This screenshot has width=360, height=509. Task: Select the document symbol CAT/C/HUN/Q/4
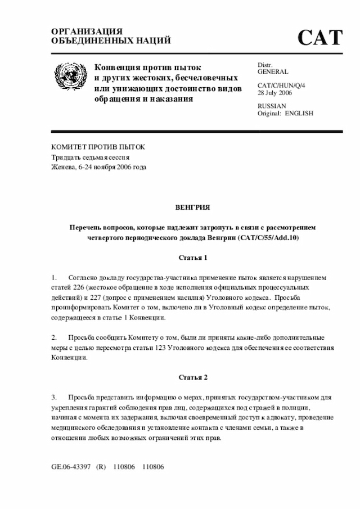tap(281, 85)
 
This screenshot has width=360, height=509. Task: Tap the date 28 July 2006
tap(275, 93)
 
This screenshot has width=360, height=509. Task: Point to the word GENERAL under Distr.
tap(273, 72)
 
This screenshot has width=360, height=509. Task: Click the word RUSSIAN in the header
tap(272, 106)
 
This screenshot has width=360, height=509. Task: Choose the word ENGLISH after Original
tap(299, 113)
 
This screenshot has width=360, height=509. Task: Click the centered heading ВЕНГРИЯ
tap(192, 208)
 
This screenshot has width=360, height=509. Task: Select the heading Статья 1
tap(192, 258)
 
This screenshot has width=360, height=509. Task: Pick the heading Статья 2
tap(192, 377)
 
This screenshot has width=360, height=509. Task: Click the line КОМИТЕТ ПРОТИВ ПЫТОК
tap(98, 147)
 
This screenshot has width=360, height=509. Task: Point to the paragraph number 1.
tap(54, 278)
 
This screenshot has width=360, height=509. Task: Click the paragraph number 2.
tap(54, 337)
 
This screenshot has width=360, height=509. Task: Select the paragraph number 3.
tap(54, 397)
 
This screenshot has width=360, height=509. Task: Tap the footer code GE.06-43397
tap(71, 467)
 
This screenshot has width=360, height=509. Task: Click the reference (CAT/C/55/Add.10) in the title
tap(269, 238)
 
